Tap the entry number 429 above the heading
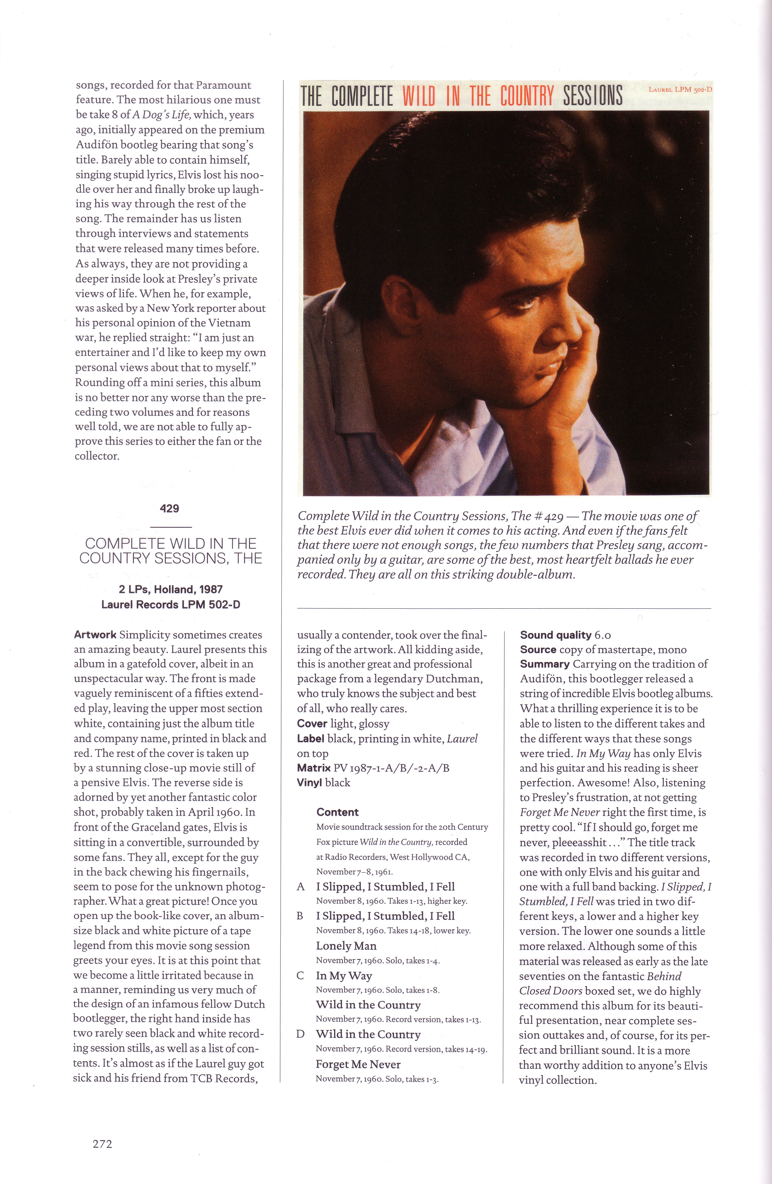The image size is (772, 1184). click(170, 508)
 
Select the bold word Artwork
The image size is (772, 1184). click(95, 635)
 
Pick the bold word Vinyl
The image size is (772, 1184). click(309, 783)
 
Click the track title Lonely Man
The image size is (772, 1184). click(346, 946)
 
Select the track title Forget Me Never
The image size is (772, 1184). click(358, 1064)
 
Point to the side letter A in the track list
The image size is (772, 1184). click(300, 886)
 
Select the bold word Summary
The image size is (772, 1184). click(545, 664)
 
